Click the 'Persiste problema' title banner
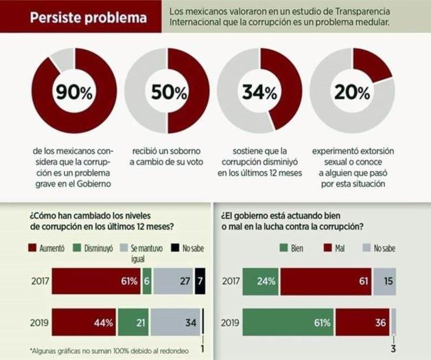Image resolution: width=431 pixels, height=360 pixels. coord(81,18)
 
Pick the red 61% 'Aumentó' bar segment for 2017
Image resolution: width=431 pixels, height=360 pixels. coord(95,281)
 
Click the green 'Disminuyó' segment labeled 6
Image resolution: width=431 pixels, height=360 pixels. coord(147,281)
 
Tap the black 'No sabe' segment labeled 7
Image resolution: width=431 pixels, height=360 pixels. coord(200,281)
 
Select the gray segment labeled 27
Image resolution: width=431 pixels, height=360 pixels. coord(173,281)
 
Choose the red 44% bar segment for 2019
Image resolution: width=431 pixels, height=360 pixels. coord(84,322)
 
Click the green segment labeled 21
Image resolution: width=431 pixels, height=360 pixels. coord(133,322)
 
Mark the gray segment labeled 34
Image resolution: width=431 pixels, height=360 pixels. coord(175,322)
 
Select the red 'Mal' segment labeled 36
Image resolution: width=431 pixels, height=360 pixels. coord(362,322)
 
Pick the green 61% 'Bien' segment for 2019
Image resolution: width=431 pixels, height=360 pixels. coord(288,322)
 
